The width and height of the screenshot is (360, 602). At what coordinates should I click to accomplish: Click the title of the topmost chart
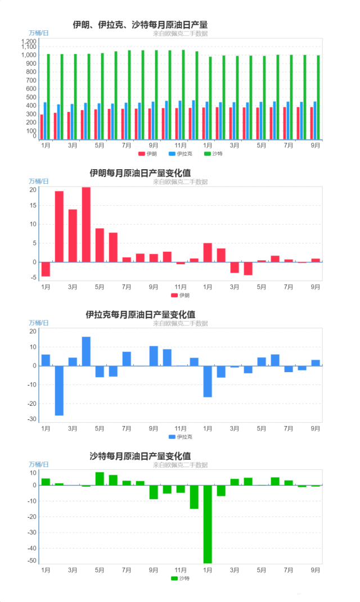coord(140,25)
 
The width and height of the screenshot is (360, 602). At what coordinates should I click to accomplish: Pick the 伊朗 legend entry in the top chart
coord(148,153)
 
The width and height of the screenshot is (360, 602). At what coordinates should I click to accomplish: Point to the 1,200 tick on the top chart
coord(29,42)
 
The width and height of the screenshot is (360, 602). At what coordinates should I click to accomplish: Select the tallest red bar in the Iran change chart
coord(86,224)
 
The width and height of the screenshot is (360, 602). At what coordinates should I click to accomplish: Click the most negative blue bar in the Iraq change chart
coord(59,391)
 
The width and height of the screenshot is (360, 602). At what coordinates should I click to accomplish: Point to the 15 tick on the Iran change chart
coord(33,206)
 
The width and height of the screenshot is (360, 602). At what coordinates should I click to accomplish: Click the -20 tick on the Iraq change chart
coord(31,404)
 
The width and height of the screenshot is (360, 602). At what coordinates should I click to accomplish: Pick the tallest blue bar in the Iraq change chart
coord(86,351)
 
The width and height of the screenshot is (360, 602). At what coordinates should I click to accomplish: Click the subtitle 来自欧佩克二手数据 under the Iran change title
coord(180,182)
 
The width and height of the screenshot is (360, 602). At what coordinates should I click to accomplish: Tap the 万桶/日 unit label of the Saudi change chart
coord(39,464)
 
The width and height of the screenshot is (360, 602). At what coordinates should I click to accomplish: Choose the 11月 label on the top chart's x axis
coord(181,145)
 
